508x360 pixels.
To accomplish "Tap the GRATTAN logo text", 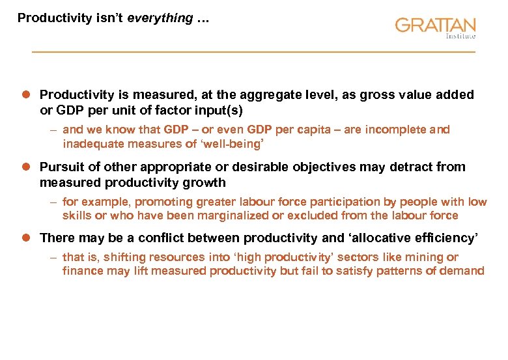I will click(x=434, y=26).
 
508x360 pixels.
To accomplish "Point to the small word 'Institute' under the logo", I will click(x=460, y=37).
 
